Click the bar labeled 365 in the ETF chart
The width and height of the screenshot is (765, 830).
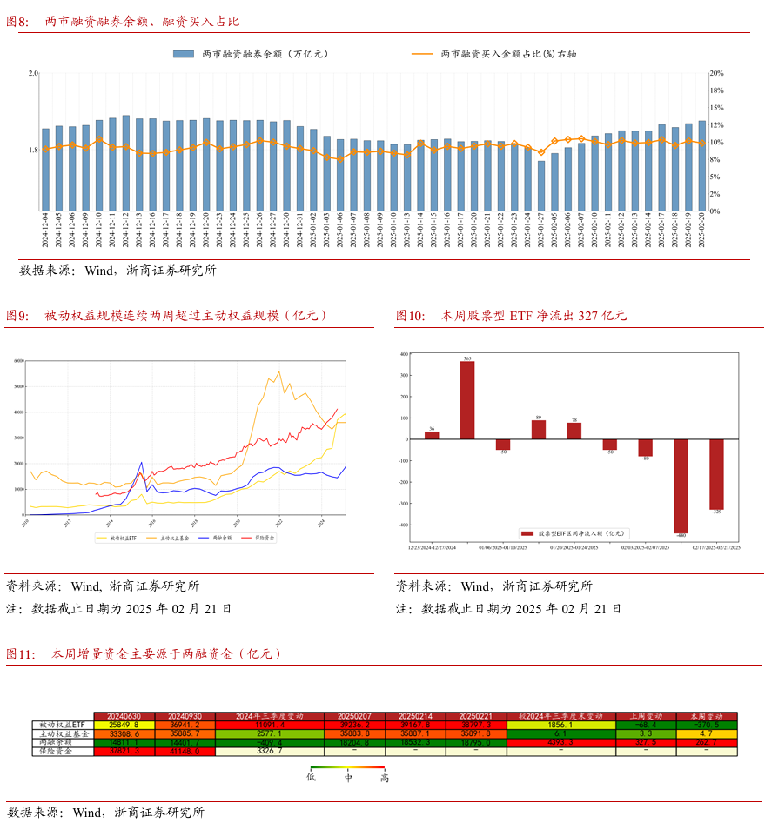[467, 399]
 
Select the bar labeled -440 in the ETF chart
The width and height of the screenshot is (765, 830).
[681, 485]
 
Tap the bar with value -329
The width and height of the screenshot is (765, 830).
[716, 474]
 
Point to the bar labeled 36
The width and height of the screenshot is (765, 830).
[432, 435]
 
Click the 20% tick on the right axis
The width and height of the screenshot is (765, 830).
[717, 73]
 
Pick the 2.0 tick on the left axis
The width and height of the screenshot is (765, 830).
[33, 73]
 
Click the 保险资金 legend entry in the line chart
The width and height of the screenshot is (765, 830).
[264, 539]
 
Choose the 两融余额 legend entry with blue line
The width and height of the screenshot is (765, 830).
[220, 539]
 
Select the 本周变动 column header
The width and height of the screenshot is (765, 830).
[706, 715]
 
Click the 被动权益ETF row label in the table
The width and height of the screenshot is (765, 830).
[63, 725]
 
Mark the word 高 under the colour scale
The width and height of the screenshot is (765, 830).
[384, 778]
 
